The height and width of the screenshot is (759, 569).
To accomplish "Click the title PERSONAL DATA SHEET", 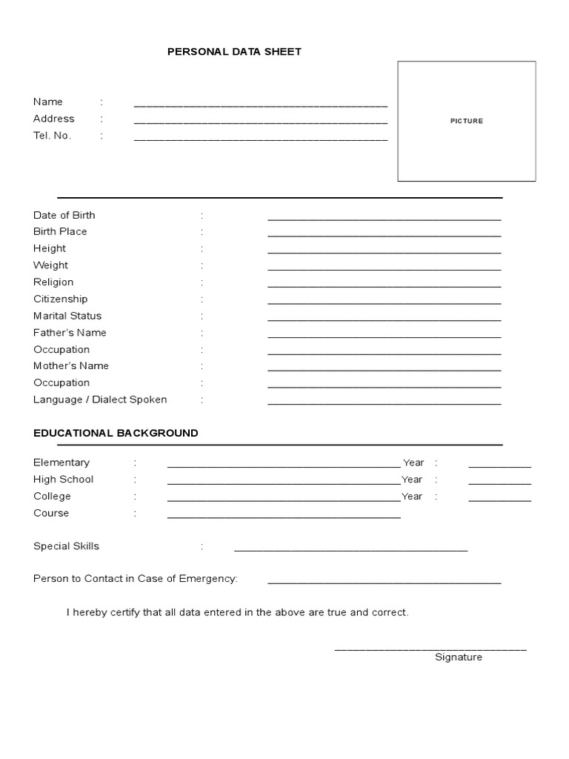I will click(x=234, y=52).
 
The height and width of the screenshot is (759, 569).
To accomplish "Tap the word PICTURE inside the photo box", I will click(x=467, y=121).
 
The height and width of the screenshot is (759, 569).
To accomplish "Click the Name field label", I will click(x=48, y=102).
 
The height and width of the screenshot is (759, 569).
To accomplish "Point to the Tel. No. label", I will click(x=53, y=136).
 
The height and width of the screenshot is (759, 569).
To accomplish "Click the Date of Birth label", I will click(x=64, y=215).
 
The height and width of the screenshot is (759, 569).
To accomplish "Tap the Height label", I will click(x=50, y=248).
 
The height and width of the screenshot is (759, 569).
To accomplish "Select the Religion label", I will click(x=53, y=282).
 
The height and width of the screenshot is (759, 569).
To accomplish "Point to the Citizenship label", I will click(x=61, y=299).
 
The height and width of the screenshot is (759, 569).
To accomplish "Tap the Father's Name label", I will click(x=70, y=332).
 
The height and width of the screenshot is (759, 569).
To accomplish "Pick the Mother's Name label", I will click(x=71, y=365).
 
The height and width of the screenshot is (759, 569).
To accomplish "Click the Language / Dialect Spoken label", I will click(x=100, y=400).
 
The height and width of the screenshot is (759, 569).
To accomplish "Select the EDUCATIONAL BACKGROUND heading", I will click(x=116, y=433).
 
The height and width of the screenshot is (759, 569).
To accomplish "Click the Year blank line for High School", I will click(x=499, y=483).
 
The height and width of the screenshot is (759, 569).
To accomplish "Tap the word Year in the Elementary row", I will click(x=413, y=463).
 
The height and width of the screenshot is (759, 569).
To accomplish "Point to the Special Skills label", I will click(x=66, y=546).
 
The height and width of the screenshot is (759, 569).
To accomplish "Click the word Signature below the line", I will click(x=459, y=657).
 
